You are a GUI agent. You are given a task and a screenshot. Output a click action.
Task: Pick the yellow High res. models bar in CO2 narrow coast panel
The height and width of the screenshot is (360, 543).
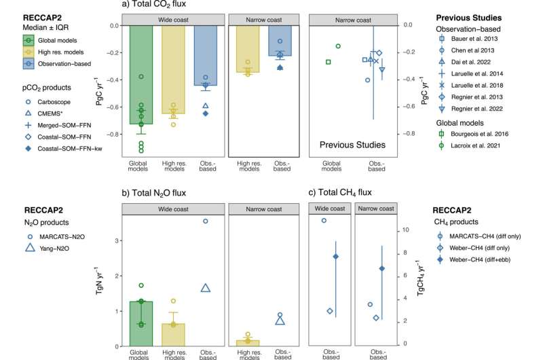coord(247,48)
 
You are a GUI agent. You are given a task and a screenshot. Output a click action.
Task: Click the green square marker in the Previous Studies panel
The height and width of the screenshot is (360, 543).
coord(329,62)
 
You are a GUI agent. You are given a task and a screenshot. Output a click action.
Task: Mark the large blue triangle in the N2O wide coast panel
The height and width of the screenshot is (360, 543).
coord(206,288)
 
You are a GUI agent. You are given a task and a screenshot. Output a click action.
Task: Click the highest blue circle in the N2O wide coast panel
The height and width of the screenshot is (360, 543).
coord(206,221)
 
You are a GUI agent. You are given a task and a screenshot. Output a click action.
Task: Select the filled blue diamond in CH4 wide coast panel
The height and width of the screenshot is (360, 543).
coord(335,256)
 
